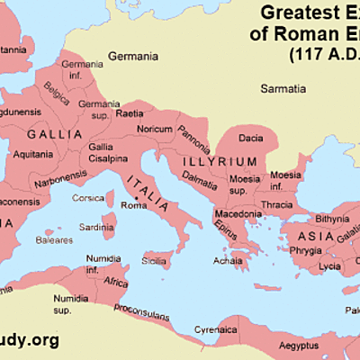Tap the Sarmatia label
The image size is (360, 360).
click(283, 88)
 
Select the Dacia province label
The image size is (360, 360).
click(250, 139)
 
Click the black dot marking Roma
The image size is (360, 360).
click(135, 196)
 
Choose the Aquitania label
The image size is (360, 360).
click(33, 154)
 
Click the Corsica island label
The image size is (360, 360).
click(88, 197)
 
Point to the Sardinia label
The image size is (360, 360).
click(97, 227)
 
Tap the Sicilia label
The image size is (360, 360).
click(154, 261)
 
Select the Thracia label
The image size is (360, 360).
click(278, 203)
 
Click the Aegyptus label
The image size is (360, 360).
click(297, 345)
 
